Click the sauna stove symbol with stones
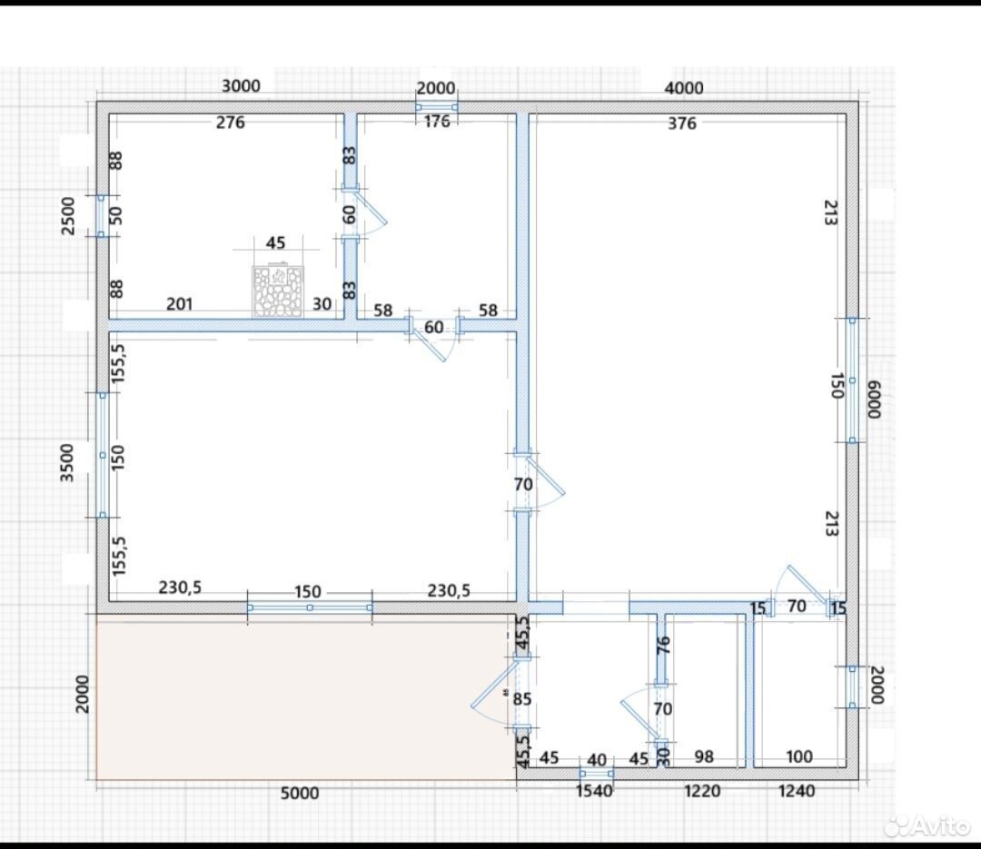278,291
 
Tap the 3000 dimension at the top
241,86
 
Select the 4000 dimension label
684,88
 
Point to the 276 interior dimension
230,123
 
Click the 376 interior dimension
682,123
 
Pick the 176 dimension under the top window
437,122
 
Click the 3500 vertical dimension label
67,463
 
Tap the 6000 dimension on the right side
874,400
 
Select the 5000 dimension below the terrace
300,794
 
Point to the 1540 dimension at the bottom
594,792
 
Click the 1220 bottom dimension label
702,792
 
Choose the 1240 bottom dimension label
797,792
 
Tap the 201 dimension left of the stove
180,305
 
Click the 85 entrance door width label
521,699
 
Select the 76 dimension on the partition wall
663,645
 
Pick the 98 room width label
704,757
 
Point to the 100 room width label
799,757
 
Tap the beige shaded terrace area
305,697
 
